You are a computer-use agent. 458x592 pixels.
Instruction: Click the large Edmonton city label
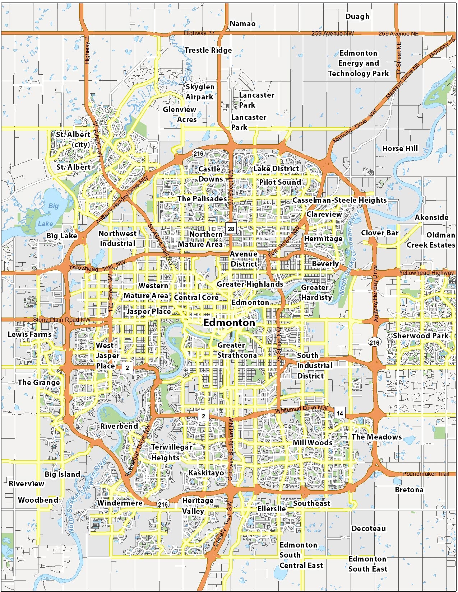click(229, 323)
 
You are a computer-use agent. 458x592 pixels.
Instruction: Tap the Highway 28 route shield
click(231, 229)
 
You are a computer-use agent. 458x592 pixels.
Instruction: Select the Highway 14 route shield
click(339, 413)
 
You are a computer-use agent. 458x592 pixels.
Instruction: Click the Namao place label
click(242, 24)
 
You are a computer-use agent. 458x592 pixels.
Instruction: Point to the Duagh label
click(357, 17)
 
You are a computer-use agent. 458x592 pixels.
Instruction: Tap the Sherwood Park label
click(420, 336)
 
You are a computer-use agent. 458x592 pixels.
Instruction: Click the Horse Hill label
click(400, 149)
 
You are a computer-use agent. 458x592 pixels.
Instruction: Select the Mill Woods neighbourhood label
click(312, 443)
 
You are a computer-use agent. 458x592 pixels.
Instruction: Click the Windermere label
click(120, 503)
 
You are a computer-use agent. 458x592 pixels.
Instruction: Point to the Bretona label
click(409, 490)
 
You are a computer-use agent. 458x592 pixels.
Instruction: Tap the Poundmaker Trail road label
click(425, 474)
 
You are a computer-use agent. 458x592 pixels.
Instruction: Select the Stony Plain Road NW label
click(62, 320)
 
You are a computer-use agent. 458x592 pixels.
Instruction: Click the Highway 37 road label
click(199, 33)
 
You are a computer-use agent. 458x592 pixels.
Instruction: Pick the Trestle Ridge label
click(208, 50)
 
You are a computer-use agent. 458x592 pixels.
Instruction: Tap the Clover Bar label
click(380, 233)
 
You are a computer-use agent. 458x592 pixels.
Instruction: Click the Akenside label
click(431, 217)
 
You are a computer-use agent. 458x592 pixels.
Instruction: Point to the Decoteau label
click(369, 528)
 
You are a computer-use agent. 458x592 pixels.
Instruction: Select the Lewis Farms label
click(30, 334)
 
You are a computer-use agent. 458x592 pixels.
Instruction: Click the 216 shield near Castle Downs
click(198, 154)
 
